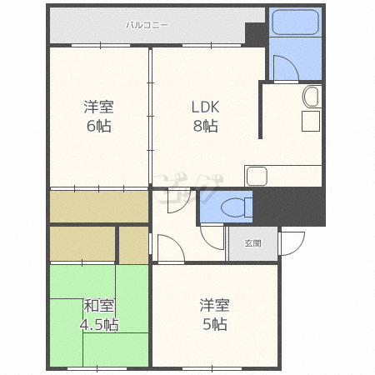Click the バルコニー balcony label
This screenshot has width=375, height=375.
pos(147,25)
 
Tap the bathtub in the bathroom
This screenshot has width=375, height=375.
pos(295,22)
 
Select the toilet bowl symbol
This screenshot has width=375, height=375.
pos(237,207)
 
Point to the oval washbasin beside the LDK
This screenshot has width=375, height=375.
pos(311,97)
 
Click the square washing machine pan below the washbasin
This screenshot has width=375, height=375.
pos(311,121)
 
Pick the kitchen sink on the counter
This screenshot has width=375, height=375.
pos(257,176)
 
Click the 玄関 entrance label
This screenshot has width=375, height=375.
pos(252,243)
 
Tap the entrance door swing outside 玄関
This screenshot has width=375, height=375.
pos(292,243)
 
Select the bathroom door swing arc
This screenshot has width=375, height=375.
pos(286,68)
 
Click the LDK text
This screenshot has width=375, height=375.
pos(206,107)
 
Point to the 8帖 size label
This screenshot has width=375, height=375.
pos(206,126)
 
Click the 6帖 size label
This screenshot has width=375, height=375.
pos(99,126)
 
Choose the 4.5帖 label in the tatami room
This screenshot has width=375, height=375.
pos(99,324)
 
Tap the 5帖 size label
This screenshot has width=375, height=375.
pos(215,324)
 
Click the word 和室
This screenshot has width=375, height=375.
pos(99,306)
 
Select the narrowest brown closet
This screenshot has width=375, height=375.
pos(133,245)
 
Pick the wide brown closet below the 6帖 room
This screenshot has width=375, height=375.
pos(99,207)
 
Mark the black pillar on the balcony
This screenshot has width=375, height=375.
pos(255,34)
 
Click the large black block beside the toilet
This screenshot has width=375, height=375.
pos(289,207)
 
